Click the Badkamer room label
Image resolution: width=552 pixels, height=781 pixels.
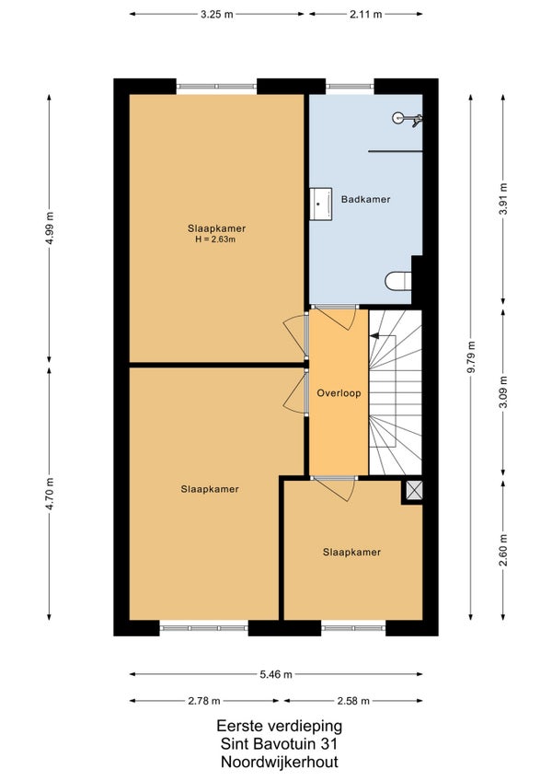pyautogui.click(x=365, y=199)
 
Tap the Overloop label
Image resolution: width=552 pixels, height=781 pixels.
pyautogui.click(x=339, y=393)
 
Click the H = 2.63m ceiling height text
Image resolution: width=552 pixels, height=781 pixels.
pyautogui.click(x=215, y=239)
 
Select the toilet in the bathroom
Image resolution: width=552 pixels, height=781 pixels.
pyautogui.click(x=398, y=281)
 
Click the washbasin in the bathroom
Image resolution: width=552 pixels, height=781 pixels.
pyautogui.click(x=320, y=204)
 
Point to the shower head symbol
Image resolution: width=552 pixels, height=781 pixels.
pyautogui.click(x=408, y=119)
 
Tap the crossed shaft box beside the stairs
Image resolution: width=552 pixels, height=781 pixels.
pyautogui.click(x=414, y=490)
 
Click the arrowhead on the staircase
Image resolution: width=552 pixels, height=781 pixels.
pyautogui.click(x=374, y=336)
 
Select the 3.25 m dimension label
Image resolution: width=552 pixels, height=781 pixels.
pyautogui.click(x=216, y=15)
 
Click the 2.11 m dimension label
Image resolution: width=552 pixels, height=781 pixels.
pyautogui.click(x=366, y=15)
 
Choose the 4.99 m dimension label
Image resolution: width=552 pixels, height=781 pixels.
pyautogui.click(x=50, y=227)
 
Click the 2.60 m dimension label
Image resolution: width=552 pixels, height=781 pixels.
pyautogui.click(x=504, y=550)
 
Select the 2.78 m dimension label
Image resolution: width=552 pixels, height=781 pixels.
pyautogui.click(x=204, y=701)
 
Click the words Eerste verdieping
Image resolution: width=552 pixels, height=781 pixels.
pyautogui.click(x=280, y=726)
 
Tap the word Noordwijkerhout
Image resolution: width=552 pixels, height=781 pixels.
pyautogui.click(x=280, y=762)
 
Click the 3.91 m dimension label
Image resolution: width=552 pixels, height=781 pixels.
pyautogui.click(x=504, y=199)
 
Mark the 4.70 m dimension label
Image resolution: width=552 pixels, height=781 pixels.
pyautogui.click(x=50, y=494)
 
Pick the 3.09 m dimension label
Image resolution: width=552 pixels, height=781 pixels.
pyautogui.click(x=504, y=392)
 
